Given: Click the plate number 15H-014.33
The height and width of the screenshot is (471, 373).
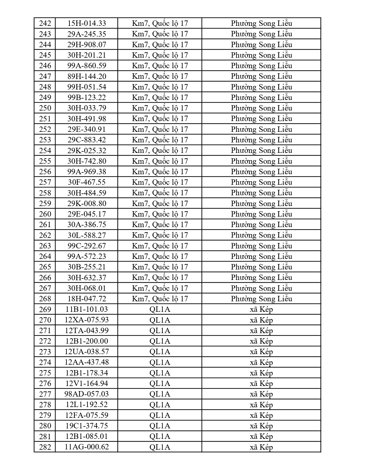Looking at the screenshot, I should (x=87, y=23).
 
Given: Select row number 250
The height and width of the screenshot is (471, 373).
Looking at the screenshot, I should (x=45, y=108).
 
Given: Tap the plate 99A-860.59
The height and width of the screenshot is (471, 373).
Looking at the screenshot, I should (x=87, y=66).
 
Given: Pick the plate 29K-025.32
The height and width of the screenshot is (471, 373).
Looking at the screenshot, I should (x=87, y=150).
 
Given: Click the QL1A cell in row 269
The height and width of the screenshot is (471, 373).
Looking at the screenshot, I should (x=160, y=309).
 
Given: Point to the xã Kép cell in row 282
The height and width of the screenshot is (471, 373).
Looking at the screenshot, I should (x=261, y=447).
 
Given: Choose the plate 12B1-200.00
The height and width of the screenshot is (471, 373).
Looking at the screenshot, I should (x=87, y=341).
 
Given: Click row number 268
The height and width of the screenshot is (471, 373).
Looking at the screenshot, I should (x=45, y=299).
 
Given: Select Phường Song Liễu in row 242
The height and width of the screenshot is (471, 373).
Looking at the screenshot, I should (x=261, y=23).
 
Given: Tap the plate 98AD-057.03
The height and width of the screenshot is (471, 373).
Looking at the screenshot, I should (x=87, y=394).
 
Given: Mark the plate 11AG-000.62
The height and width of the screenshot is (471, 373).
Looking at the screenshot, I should (x=87, y=447).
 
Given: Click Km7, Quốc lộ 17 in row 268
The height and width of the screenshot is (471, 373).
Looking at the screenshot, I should (x=160, y=299).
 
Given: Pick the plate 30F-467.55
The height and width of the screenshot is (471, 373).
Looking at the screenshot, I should (x=87, y=182).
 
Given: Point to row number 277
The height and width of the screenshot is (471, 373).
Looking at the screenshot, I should (x=45, y=394).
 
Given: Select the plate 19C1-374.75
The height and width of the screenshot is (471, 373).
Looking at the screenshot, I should (x=87, y=426).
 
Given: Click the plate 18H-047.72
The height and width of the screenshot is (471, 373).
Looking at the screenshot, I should (x=87, y=299).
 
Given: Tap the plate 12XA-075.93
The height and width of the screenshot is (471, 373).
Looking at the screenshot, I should (x=87, y=320).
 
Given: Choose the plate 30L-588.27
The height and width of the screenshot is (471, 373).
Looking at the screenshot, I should (x=87, y=235).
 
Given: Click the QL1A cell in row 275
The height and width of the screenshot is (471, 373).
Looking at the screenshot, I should (x=160, y=373).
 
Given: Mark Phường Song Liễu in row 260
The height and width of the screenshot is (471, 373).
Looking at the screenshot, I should (x=261, y=214).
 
